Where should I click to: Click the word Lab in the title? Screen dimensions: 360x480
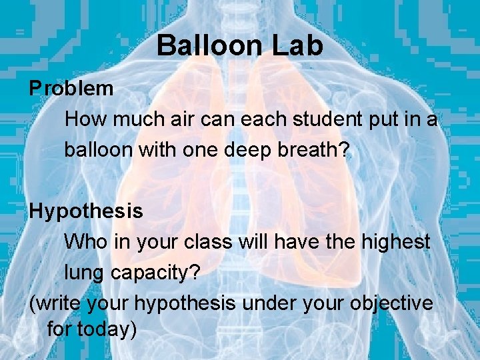295,45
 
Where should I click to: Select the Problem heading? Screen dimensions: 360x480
71,88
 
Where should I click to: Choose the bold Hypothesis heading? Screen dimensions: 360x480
86,211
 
